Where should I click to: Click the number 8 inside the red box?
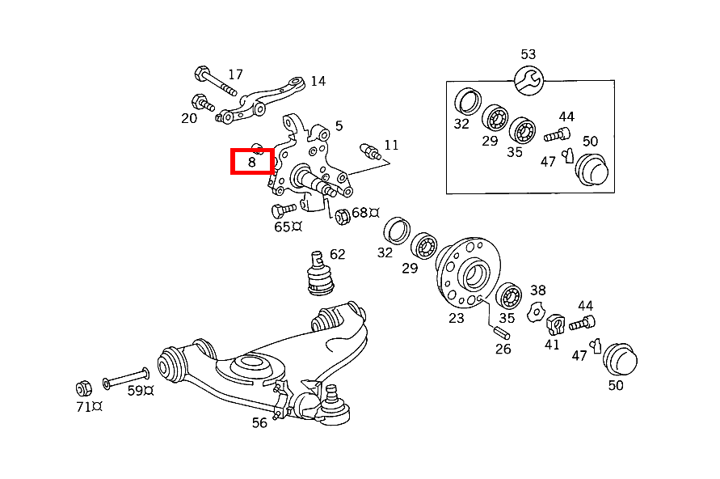[252, 162]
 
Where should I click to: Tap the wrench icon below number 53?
[528, 79]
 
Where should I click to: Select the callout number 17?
[235, 74]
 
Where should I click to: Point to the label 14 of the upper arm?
[318, 81]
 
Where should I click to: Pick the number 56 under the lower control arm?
[259, 422]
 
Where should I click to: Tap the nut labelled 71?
[82, 387]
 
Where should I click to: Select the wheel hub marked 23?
[468, 271]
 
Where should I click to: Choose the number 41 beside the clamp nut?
[551, 344]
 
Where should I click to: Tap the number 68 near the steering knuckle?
[360, 213]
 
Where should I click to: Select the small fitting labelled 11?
[368, 150]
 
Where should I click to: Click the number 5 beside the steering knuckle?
[339, 125]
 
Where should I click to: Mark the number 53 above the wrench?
[528, 54]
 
